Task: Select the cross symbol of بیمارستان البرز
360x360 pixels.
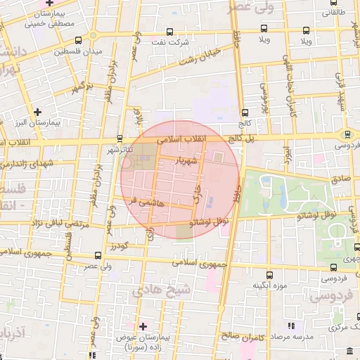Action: pyautogui.click(x=37, y=111)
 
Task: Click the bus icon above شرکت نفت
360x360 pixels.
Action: pyautogui.click(x=170, y=32)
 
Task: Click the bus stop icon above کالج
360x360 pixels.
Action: pyautogui.click(x=244, y=112)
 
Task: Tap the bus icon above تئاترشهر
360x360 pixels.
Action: pyautogui.click(x=120, y=138)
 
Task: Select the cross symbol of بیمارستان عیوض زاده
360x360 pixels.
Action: pyautogui.click(x=143, y=326)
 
